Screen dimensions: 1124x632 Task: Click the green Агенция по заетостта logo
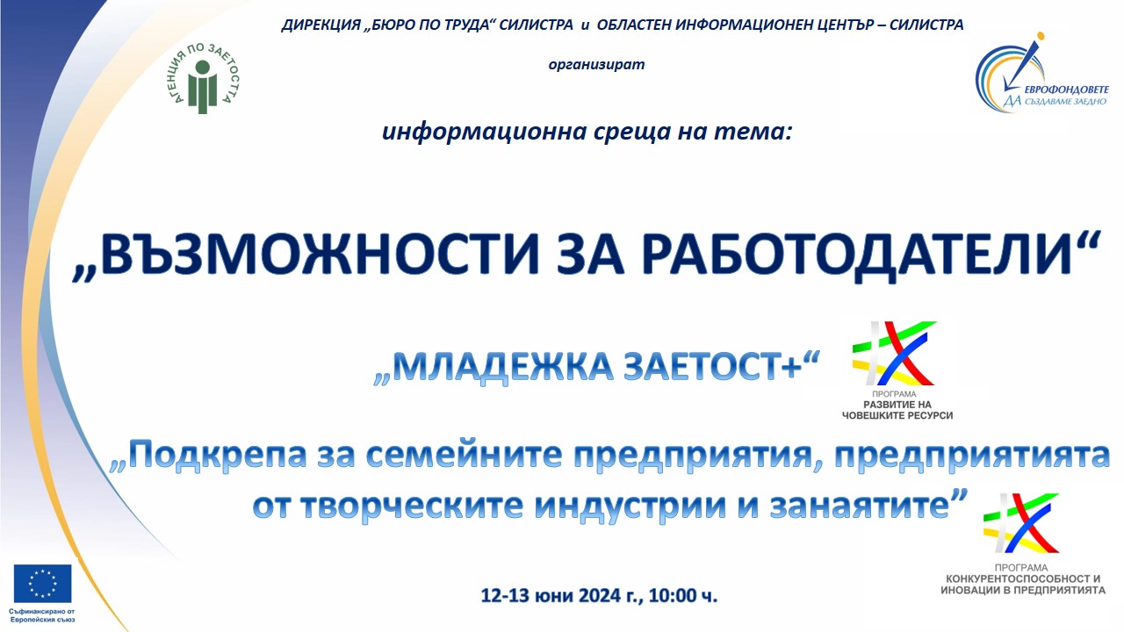(202, 79)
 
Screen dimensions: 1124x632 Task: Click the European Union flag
(43, 584)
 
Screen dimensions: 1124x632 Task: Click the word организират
(596, 65)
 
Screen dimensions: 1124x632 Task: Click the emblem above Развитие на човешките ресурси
(894, 353)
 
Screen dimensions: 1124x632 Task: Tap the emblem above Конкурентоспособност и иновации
(1021, 523)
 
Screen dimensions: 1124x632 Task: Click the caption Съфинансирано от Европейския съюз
(43, 615)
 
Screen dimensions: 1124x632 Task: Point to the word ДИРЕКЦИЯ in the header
(321, 25)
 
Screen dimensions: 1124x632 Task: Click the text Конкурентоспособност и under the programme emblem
(1023, 578)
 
